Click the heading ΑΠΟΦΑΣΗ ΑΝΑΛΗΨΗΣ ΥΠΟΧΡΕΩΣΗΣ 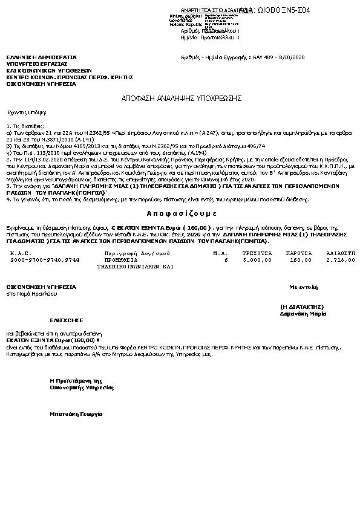[182, 98]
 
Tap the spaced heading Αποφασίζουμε [182, 213]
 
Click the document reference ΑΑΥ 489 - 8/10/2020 [278, 57]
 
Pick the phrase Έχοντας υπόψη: [27, 112]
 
